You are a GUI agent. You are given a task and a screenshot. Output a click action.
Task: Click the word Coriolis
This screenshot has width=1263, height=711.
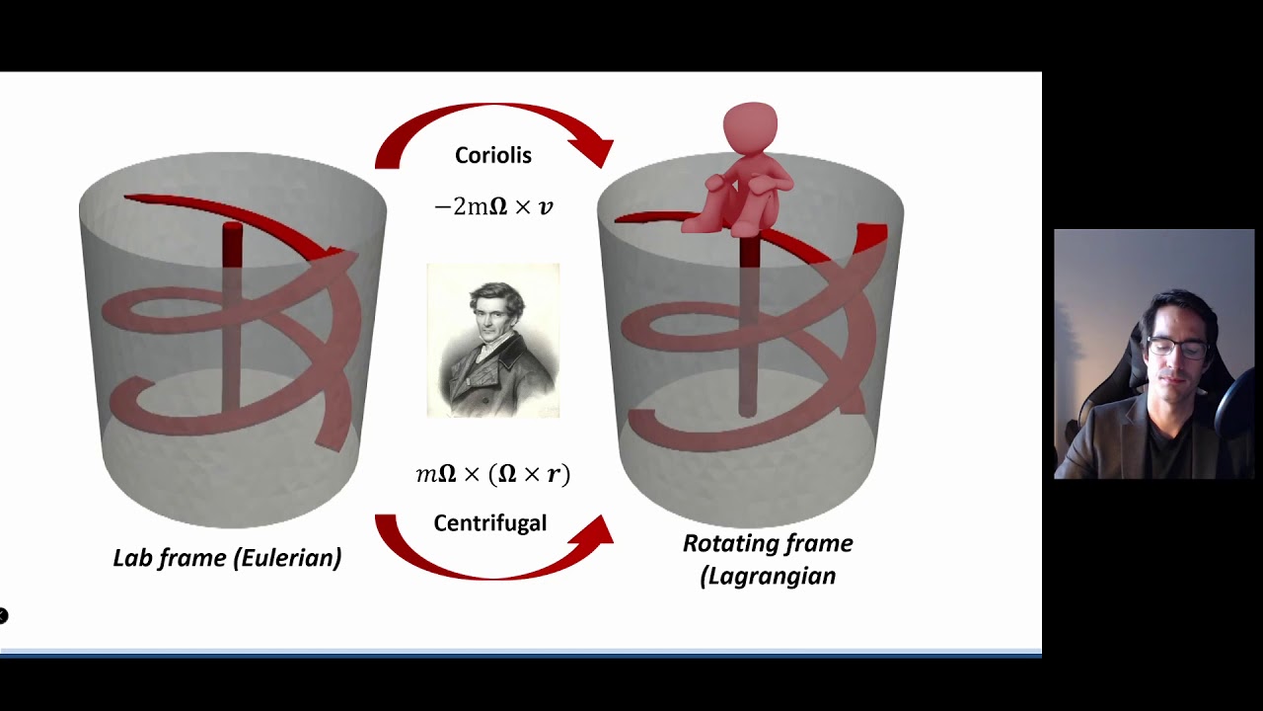[492, 155]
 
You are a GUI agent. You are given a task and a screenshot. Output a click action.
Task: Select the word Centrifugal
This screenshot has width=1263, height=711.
[489, 522]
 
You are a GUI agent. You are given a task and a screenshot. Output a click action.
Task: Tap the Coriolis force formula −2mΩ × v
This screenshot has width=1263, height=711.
[493, 206]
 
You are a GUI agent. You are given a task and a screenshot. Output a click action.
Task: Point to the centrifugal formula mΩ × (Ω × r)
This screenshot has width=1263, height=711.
[492, 474]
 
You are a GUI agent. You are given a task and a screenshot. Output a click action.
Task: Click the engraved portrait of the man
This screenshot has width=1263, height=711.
[492, 340]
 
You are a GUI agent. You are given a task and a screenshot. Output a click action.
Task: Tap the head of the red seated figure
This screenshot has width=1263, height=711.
[750, 126]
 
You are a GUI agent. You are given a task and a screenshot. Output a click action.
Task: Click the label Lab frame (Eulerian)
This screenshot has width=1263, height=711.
[227, 558]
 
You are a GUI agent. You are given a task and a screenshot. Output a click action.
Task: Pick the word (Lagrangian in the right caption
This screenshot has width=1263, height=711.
[768, 576]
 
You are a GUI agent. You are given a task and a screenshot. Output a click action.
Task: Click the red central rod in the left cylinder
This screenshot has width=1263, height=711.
[232, 316]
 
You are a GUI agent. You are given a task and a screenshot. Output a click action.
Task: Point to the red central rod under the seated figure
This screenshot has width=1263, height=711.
[749, 326]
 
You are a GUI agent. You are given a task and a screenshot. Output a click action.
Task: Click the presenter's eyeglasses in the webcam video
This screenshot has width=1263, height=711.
[1176, 348]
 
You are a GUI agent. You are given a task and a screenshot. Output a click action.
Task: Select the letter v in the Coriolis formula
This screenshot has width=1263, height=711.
[545, 206]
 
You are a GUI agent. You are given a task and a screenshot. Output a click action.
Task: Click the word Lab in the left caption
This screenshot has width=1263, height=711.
[132, 558]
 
